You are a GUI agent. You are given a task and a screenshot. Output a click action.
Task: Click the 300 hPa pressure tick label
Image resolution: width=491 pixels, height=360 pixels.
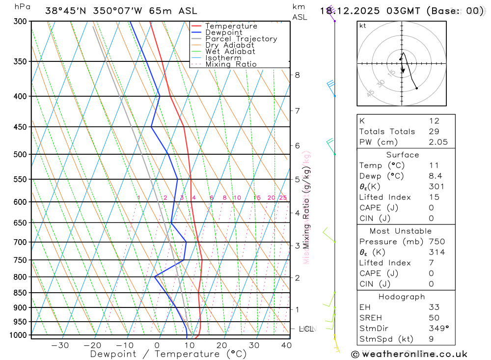point(21,21)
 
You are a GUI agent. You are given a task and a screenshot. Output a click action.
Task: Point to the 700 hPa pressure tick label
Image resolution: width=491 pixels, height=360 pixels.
point(21,242)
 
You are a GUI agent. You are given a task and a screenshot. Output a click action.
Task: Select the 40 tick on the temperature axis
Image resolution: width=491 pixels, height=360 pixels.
point(286,345)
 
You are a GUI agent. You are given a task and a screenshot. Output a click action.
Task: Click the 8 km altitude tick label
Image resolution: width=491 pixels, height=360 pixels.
point(297,75)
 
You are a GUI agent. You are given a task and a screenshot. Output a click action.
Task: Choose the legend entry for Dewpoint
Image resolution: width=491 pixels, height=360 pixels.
point(223,32)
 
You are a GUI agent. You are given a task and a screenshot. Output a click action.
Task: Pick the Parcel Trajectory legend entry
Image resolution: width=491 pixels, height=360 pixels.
point(241,39)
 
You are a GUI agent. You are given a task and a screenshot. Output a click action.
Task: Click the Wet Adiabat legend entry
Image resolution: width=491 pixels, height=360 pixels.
point(230,52)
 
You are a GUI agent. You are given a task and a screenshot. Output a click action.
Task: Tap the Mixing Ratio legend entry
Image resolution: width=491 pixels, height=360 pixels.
point(231,64)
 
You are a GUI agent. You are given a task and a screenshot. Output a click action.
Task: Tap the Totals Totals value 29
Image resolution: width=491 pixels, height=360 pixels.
point(434,131)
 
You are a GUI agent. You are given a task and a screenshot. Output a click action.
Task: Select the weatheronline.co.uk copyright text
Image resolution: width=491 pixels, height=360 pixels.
point(409,354)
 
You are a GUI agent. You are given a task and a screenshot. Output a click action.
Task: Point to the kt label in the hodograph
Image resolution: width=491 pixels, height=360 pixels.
point(363,26)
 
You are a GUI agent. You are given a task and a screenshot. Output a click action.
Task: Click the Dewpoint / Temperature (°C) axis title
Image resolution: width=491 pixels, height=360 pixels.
point(168,354)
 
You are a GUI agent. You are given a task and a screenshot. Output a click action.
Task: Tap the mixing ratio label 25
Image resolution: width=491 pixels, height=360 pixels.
point(283,197)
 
